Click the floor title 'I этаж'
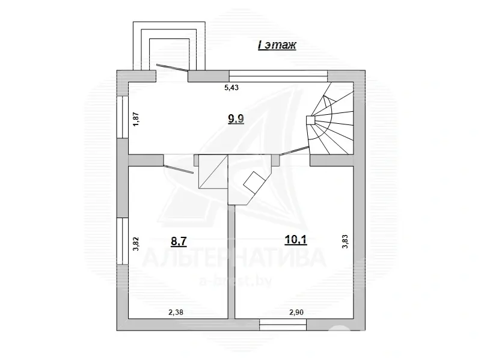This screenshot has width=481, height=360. [x=277, y=46]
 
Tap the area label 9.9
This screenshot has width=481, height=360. [x=236, y=118]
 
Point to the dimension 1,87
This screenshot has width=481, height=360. [x=136, y=118]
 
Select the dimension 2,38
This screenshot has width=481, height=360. [x=177, y=312]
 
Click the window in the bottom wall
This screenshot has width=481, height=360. [x=283, y=324]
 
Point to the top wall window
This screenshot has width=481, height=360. [x=278, y=75]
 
